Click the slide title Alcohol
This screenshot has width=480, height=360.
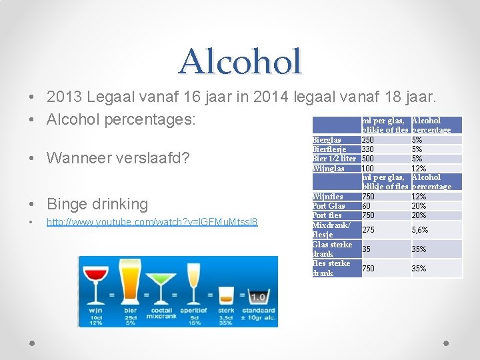[240, 61]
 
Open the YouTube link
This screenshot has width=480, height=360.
[152, 221]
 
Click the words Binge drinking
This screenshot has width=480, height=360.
[97, 204]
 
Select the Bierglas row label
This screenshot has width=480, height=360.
[327, 140]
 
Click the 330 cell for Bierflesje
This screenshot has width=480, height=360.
[368, 149]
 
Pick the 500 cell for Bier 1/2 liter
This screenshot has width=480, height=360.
[368, 159]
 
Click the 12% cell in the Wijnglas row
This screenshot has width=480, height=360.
[419, 168]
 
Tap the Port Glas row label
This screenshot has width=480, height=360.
[329, 206]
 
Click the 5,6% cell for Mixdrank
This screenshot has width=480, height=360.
[419, 229]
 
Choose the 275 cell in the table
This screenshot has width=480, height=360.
[368, 229]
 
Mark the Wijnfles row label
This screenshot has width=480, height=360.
[328, 197]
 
